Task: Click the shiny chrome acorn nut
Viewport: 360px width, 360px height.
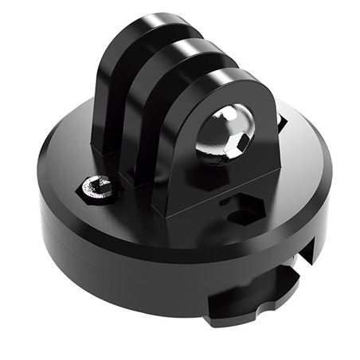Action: tap(225, 133)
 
